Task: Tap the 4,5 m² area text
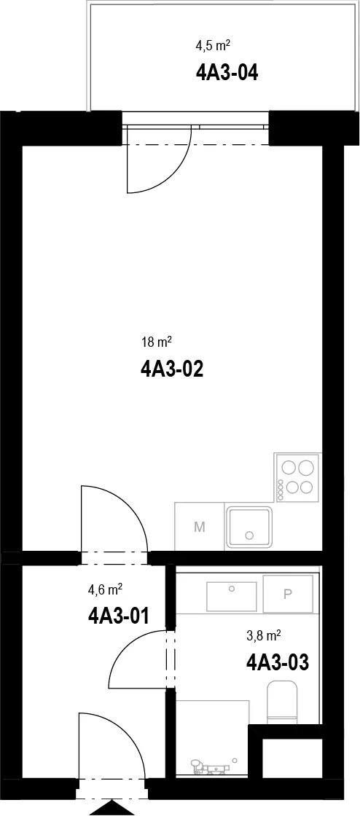click(x=213, y=46)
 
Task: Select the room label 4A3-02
click(x=171, y=369)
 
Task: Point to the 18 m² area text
click(x=156, y=342)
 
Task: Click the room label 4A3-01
click(x=119, y=616)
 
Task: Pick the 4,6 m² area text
click(x=105, y=589)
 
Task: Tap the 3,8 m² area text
click(x=264, y=635)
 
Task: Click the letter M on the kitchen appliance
click(x=199, y=527)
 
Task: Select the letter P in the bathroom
click(x=288, y=594)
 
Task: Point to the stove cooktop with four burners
click(x=297, y=478)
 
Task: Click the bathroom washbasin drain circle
click(x=232, y=588)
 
